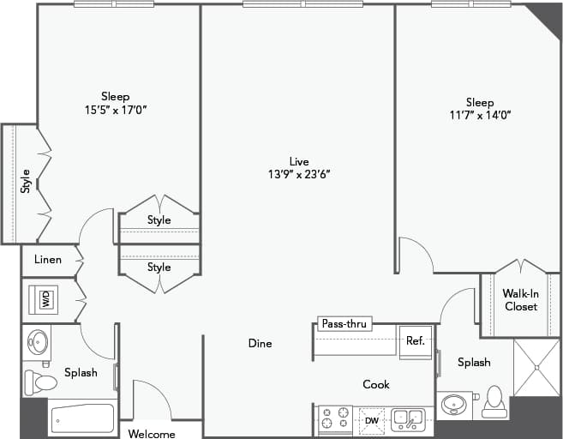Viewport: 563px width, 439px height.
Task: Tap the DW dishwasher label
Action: tap(372, 420)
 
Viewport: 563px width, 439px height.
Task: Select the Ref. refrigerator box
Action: tap(416, 341)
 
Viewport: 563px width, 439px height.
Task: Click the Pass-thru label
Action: tap(344, 324)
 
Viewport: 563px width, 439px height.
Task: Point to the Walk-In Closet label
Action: tap(520, 300)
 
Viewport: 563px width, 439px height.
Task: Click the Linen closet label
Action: tap(48, 260)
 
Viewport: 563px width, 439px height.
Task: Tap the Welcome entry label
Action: tap(152, 434)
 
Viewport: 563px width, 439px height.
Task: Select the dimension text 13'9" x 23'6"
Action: tap(298, 174)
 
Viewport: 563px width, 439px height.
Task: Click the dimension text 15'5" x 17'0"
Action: tap(116, 110)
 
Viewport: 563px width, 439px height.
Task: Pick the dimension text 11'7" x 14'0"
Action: tap(480, 115)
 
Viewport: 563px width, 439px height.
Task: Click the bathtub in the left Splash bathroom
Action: tap(82, 420)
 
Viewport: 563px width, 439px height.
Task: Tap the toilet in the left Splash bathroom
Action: tap(39, 381)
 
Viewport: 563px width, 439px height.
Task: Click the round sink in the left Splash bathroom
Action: tap(39, 341)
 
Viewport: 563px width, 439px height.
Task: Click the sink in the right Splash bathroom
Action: tap(455, 404)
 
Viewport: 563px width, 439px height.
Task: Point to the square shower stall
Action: tap(536, 368)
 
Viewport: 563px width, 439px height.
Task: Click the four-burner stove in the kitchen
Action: tap(334, 418)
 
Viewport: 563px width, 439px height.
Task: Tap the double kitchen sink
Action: tap(407, 419)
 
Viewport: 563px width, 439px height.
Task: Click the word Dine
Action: tap(260, 344)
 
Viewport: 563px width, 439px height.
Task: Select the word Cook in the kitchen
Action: tap(376, 385)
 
